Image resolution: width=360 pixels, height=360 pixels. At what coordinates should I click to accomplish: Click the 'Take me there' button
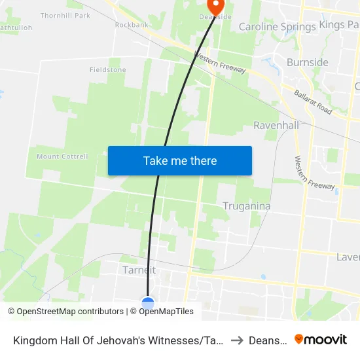[180, 161]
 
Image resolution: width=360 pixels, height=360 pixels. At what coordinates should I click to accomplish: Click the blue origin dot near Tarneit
[148, 303]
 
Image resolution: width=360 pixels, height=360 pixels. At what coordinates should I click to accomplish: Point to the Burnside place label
[308, 63]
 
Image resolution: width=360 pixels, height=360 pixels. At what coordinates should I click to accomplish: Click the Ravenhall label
[276, 125]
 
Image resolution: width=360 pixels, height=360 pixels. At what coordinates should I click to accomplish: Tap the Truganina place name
[247, 206]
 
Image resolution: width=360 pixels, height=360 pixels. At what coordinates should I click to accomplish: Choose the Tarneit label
[139, 270]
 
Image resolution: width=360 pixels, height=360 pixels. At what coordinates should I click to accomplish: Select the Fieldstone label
[107, 69]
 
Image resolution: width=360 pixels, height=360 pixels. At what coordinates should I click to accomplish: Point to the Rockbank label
[132, 25]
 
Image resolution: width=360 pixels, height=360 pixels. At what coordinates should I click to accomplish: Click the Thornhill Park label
[65, 15]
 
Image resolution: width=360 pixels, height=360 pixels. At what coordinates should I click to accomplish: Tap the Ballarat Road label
[313, 103]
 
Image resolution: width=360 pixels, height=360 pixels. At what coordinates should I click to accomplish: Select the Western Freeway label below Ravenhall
[305, 173]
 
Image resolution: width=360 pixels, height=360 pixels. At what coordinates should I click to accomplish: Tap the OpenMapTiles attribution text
[162, 312]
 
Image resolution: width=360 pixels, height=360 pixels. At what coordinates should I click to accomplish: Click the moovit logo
[321, 339]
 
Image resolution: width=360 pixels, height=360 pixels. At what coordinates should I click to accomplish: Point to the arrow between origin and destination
[237, 340]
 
